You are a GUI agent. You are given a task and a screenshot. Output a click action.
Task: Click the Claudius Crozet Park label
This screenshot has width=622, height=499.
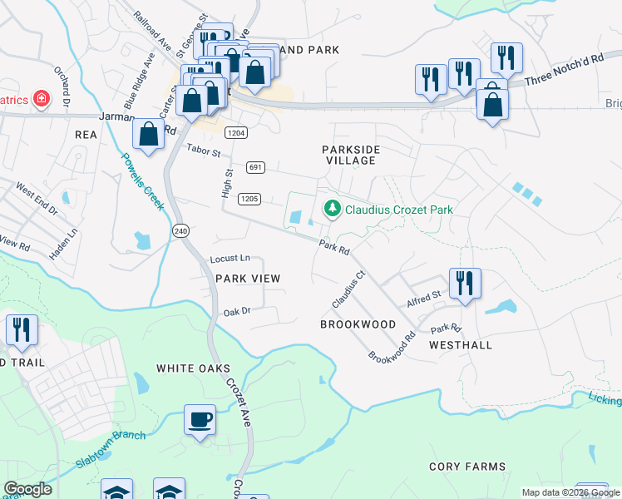pos(398,210)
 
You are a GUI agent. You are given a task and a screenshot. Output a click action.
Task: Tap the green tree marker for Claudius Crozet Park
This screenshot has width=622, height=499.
pos(332,208)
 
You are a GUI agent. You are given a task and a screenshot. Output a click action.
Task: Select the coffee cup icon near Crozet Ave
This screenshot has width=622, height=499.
pos(200,419)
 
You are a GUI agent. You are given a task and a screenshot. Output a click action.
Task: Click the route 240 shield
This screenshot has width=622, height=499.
pos(180,230)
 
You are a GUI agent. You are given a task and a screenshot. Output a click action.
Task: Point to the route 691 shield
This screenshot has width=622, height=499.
pos(255,168)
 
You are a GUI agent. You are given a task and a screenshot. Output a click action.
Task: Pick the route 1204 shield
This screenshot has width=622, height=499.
pos(236,133)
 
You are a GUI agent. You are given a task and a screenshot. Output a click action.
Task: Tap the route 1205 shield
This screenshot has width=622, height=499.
pos(249,199)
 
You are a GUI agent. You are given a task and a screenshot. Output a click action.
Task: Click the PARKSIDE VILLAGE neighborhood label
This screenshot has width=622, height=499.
pos(351,155)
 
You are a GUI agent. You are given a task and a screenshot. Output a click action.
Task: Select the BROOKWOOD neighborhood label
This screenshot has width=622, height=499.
pos(358,324)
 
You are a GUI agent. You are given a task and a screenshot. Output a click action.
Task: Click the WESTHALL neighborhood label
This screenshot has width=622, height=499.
pos(461,344)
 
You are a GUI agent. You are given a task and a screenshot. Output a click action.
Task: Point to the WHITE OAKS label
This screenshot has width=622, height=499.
pos(193,368)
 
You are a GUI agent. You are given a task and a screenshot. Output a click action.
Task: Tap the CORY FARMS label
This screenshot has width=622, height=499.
pos(462,467)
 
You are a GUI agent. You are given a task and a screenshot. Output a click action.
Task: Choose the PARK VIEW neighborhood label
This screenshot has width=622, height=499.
pos(248,279)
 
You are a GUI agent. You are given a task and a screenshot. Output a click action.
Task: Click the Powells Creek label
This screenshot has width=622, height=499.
pos(141,181)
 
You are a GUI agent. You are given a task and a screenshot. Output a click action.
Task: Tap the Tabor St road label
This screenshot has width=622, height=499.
pos(203,152)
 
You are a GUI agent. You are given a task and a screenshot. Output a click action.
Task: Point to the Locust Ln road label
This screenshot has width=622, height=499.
pos(230,259)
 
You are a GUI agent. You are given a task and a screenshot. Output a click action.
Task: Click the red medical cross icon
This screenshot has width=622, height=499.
pos(40,100)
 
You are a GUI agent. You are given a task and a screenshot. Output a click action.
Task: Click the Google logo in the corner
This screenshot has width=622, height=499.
pos(27,489)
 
